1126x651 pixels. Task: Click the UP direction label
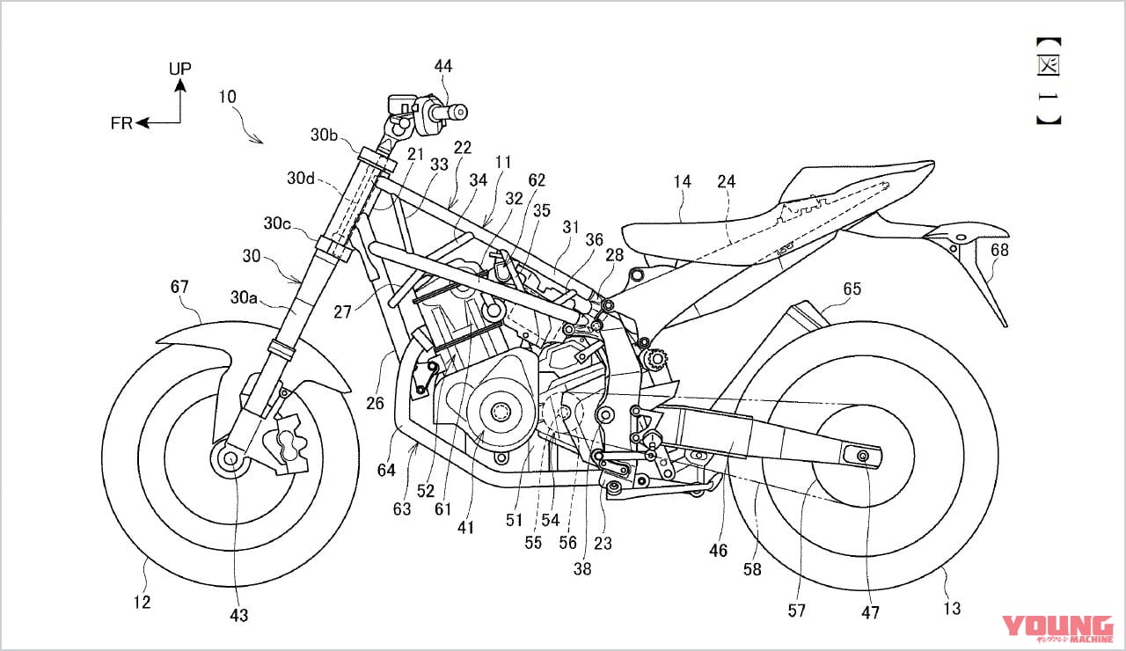tap(180, 68)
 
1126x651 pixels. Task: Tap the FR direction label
tap(121, 123)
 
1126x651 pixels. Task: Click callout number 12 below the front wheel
tap(143, 603)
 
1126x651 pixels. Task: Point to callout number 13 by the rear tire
tap(951, 608)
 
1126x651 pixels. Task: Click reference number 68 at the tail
tap(999, 251)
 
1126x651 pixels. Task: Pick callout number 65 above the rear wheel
tap(852, 289)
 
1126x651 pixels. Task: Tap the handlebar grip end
tap(459, 112)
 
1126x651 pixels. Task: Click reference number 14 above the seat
tap(683, 182)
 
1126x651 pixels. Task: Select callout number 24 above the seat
tap(726, 182)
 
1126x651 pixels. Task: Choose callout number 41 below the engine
tap(465, 528)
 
